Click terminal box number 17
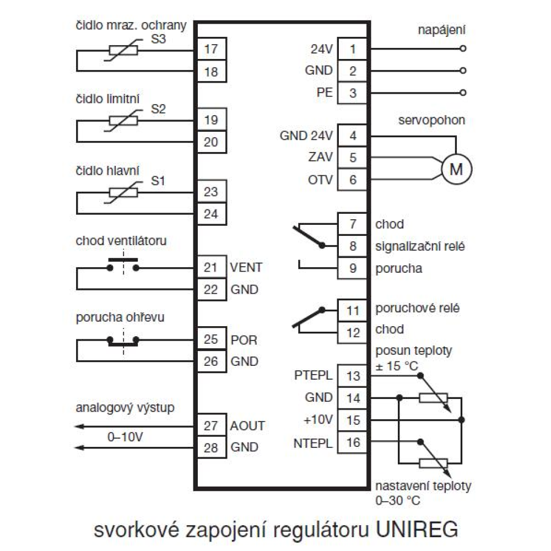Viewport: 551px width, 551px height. coord(210,49)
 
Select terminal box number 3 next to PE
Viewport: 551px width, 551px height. coord(353,93)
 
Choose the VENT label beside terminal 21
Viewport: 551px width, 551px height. coord(246,268)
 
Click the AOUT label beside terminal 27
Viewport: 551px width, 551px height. coord(247,426)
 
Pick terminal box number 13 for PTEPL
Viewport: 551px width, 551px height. coord(353,376)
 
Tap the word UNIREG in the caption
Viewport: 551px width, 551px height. coord(417,530)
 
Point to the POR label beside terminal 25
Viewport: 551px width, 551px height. coord(243,339)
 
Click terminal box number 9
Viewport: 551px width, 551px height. coord(353,268)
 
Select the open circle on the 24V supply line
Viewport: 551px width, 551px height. coord(463,48)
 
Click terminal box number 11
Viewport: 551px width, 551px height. coord(353,311)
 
